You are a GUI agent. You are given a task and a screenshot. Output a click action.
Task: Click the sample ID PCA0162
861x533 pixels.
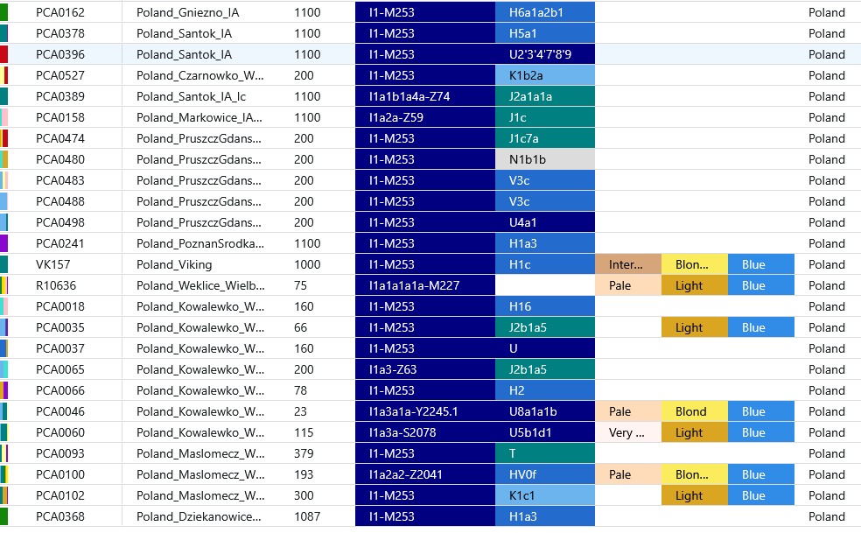coord(60,12)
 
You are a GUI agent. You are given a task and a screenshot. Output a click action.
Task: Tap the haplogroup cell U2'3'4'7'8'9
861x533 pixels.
coord(544,54)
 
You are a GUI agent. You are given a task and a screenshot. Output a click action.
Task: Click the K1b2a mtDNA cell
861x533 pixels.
coord(544,75)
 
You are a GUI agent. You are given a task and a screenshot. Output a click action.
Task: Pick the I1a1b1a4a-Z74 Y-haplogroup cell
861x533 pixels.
coord(424,96)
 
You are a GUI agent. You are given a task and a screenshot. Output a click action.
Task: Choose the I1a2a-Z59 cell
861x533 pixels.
coord(424,117)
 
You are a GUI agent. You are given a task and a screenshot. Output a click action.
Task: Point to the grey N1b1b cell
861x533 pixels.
coord(544,159)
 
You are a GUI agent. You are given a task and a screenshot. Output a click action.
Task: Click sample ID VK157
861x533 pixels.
coord(51,264)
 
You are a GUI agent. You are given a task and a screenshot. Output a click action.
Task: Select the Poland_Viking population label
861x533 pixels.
coord(174,264)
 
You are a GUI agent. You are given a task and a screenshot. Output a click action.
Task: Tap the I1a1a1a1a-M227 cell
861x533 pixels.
coord(424,285)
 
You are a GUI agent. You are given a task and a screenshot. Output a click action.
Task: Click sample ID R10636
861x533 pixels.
coord(56,285)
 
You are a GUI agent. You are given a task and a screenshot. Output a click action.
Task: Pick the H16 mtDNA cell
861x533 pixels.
coord(544,306)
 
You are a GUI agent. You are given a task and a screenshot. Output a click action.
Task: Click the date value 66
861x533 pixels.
coord(302,327)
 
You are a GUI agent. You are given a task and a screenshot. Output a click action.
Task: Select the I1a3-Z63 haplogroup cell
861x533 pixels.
coord(424,369)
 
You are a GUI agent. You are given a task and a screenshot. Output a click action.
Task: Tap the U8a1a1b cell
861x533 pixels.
coord(544,411)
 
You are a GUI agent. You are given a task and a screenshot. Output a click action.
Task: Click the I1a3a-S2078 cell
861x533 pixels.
coord(424,432)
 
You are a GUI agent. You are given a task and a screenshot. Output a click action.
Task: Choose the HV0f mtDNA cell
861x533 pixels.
coord(544,474)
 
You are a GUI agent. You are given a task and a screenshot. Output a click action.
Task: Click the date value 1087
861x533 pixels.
coord(307,516)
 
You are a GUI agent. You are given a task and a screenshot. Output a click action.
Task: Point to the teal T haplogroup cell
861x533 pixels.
coord(544,453)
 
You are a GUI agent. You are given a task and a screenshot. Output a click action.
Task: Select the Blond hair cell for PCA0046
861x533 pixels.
coord(693,411)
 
